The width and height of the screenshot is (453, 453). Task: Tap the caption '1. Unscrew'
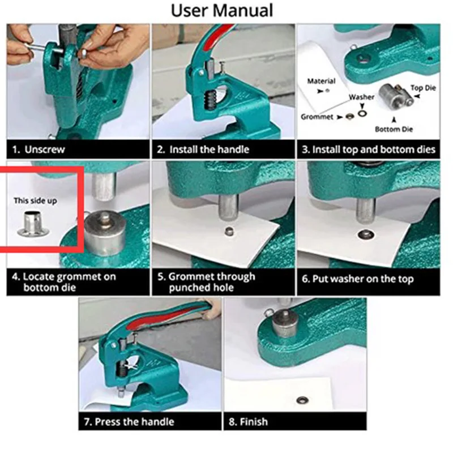[39, 150]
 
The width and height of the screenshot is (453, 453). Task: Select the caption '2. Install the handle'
[203, 150]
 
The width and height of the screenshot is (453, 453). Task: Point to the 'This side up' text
[35, 200]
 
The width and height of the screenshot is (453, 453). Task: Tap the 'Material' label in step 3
[321, 82]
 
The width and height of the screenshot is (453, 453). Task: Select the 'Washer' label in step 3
[361, 97]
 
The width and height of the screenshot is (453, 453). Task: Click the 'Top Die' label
[424, 88]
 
